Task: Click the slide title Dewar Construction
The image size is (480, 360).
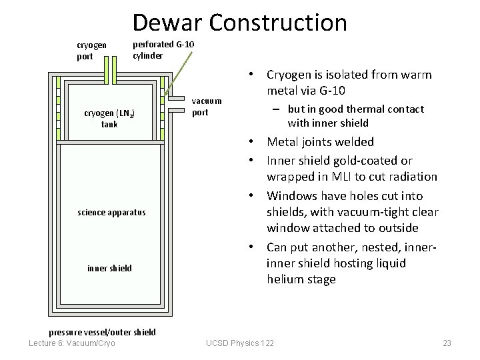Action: pos(239,22)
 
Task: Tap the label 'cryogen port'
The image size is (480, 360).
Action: pos(91,51)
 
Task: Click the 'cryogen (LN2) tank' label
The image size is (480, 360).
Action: pos(109,119)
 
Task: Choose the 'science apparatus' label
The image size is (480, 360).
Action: pos(111,213)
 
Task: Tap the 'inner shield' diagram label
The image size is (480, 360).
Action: pos(109,269)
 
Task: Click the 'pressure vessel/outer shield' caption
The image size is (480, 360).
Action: pos(103,332)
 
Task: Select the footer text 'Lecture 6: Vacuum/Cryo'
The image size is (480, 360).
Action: pos(72,343)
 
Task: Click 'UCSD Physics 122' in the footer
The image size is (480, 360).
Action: pos(240,343)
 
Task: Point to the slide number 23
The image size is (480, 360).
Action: pos(447,343)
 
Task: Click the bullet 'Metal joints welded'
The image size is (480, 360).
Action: pos(320,141)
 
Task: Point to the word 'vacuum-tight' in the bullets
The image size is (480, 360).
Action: pos(371,212)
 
